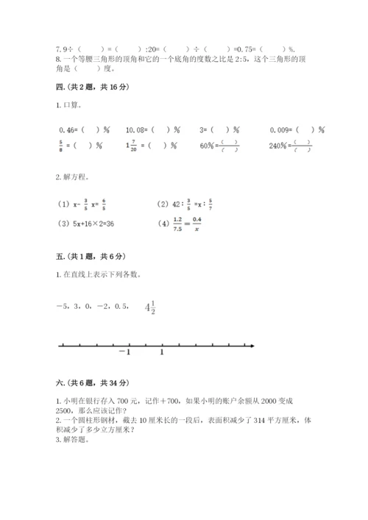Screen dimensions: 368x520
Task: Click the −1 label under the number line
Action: [x=124, y=352]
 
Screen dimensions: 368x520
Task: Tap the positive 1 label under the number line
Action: [x=162, y=352]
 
